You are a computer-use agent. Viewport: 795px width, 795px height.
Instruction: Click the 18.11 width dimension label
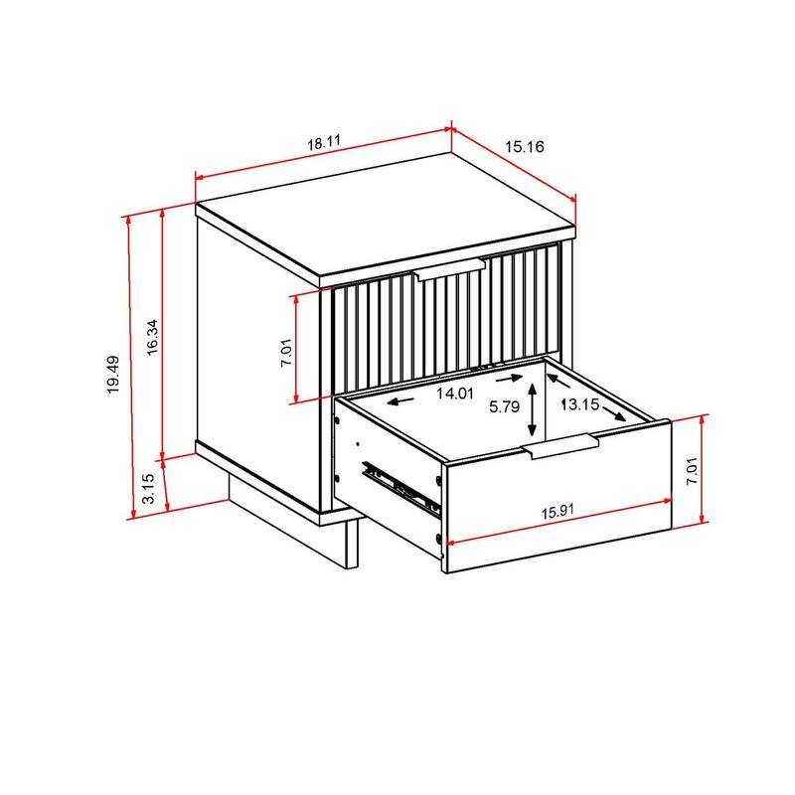[x=324, y=143]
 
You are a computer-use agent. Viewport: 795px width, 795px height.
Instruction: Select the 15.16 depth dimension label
[x=524, y=148]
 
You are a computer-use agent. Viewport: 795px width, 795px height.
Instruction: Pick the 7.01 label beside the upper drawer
[x=286, y=350]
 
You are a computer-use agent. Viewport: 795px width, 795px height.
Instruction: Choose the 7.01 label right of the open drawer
[x=693, y=468]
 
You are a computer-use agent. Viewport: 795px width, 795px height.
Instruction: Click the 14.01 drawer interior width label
[x=455, y=394]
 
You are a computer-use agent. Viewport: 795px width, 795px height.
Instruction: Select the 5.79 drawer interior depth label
[x=506, y=405]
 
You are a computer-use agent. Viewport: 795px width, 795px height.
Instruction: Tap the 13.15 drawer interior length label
[x=579, y=404]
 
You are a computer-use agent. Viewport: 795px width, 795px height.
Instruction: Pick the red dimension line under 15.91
[x=556, y=529]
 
